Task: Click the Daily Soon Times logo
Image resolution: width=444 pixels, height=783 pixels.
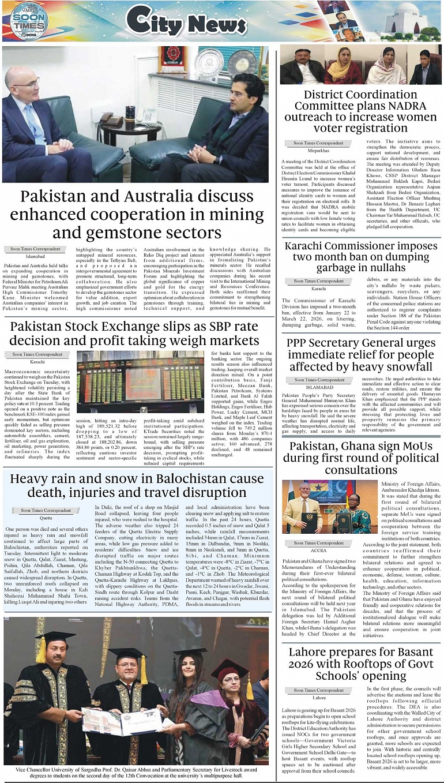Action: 28,21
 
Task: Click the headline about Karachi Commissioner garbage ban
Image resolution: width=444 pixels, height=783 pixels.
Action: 361,257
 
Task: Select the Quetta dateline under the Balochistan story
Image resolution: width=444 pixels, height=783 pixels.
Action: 46,518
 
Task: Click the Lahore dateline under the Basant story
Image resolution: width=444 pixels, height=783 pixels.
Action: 318,698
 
